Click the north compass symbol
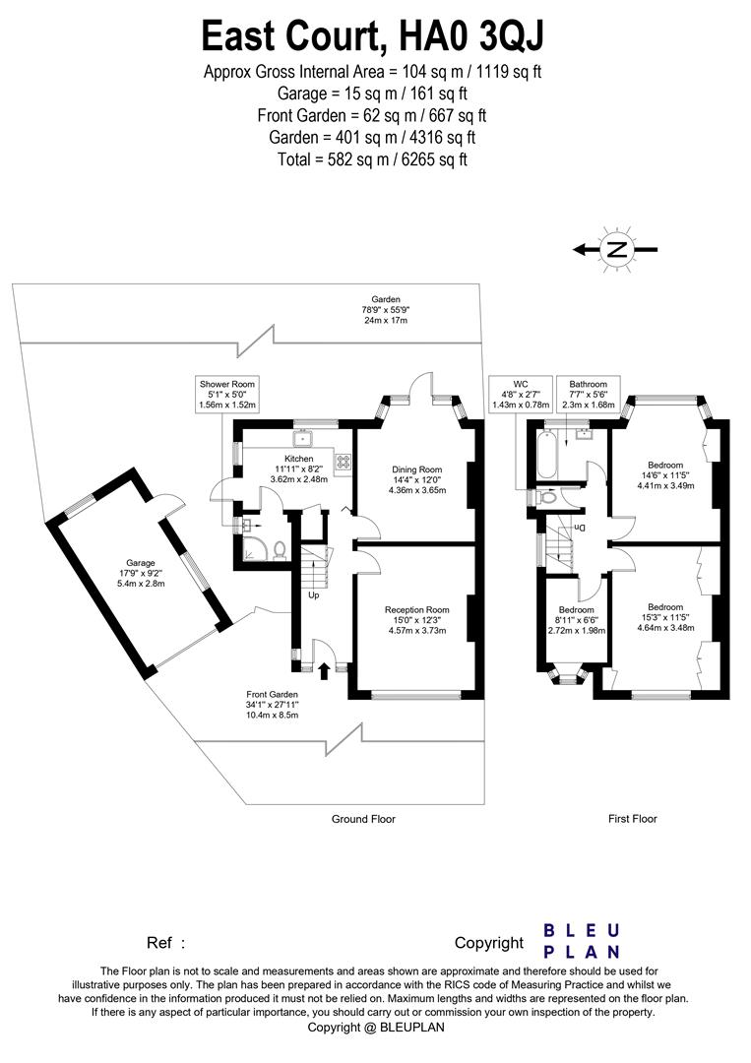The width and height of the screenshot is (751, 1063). (616, 249)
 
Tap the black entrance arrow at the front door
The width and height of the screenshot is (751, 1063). (326, 672)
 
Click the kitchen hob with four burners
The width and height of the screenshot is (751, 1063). (344, 460)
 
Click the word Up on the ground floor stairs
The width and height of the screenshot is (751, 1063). (314, 595)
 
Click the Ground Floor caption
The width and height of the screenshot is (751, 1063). (363, 819)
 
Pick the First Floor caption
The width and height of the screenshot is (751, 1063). (632, 819)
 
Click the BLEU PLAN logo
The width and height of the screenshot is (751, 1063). (582, 941)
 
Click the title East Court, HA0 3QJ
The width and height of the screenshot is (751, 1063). (373, 36)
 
